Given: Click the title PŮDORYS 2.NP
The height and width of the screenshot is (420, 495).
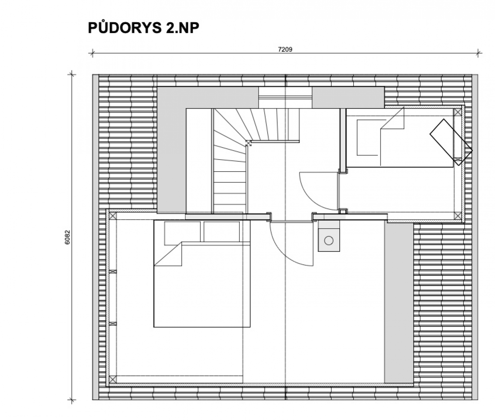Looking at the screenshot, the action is pos(144,28).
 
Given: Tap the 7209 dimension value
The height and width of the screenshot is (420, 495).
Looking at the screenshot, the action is pos(285,50).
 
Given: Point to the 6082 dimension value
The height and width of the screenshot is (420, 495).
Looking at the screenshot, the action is pos(68,237).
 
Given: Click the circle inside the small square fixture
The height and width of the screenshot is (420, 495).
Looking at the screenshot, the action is pos(328,241).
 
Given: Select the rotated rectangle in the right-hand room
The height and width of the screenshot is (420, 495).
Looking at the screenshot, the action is pos(451,142).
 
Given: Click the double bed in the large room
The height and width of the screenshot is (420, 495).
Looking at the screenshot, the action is pos(202,274).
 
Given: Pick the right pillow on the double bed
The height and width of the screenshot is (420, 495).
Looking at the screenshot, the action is pos(222,231).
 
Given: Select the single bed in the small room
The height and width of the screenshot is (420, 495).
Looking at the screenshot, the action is pos(400,138).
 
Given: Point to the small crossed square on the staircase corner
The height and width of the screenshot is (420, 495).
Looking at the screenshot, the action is pos(249,143).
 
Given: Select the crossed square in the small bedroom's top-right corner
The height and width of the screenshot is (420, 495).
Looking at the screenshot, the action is pos(458,112).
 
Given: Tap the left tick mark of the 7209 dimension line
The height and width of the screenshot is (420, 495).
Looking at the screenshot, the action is pos(92,53).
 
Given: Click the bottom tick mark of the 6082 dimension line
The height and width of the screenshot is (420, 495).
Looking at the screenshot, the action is pos(72,399).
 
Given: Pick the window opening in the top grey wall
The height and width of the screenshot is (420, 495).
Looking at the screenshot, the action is pos(285,98).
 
